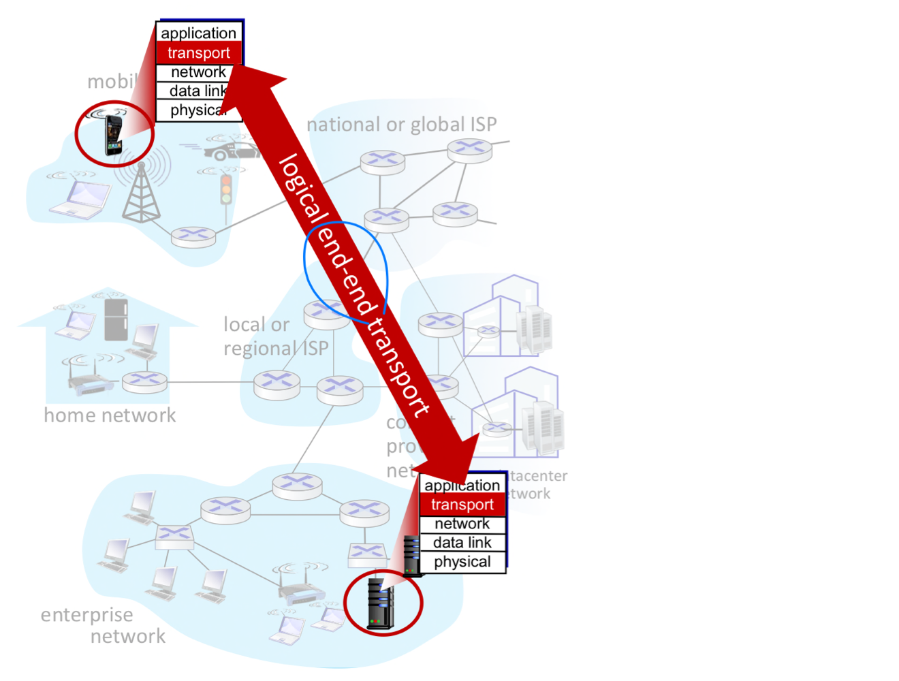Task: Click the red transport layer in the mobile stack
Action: pyautogui.click(x=198, y=53)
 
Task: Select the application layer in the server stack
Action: pyautogui.click(x=462, y=485)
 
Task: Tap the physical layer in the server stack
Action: pyautogui.click(x=462, y=562)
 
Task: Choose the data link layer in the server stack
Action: pyautogui.click(x=462, y=543)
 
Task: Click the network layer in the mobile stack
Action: pyautogui.click(x=198, y=72)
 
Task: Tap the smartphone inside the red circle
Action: pyautogui.click(x=113, y=134)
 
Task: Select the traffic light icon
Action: pyautogui.click(x=225, y=189)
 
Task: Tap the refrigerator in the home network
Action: pyautogui.click(x=116, y=319)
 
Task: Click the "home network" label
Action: pyautogui.click(x=110, y=415)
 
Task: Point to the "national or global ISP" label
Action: pyautogui.click(x=402, y=125)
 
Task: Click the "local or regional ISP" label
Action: pyautogui.click(x=275, y=336)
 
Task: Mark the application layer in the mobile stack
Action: pyautogui.click(x=198, y=33)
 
